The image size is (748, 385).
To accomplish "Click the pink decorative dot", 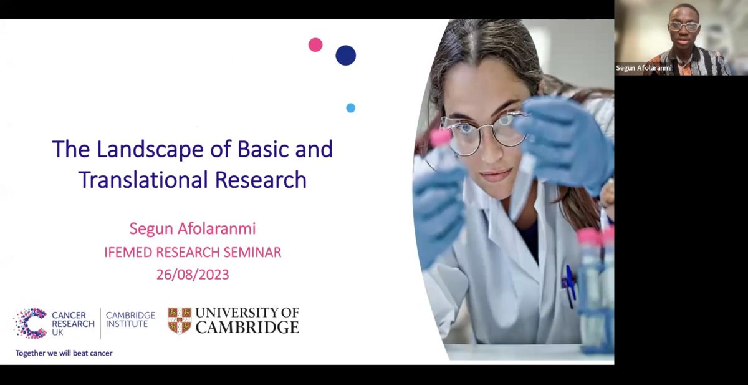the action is point(315,45).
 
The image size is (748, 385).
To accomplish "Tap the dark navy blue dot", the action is point(345,55).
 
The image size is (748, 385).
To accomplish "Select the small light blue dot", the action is point(350,108).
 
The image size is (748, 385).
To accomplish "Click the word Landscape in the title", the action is point(150,149).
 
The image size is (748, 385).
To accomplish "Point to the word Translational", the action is point(143,180).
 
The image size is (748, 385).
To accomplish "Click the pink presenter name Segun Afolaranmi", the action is point(193,228).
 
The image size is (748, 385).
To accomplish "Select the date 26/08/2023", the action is point(193,275).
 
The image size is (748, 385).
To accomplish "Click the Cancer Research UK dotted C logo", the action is point(31,323).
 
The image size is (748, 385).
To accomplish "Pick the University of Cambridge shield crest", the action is point(180,321).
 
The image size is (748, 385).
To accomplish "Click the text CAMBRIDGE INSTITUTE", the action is point(130,319).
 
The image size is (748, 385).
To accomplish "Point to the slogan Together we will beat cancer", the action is point(64,353).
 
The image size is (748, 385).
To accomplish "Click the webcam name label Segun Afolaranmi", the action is point(643,68).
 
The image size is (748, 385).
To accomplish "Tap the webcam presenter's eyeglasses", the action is point(684,26).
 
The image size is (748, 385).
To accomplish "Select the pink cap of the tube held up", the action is point(440,137).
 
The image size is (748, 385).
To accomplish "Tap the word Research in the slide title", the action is point(261,180).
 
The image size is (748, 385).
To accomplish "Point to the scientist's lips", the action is point(496,175).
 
